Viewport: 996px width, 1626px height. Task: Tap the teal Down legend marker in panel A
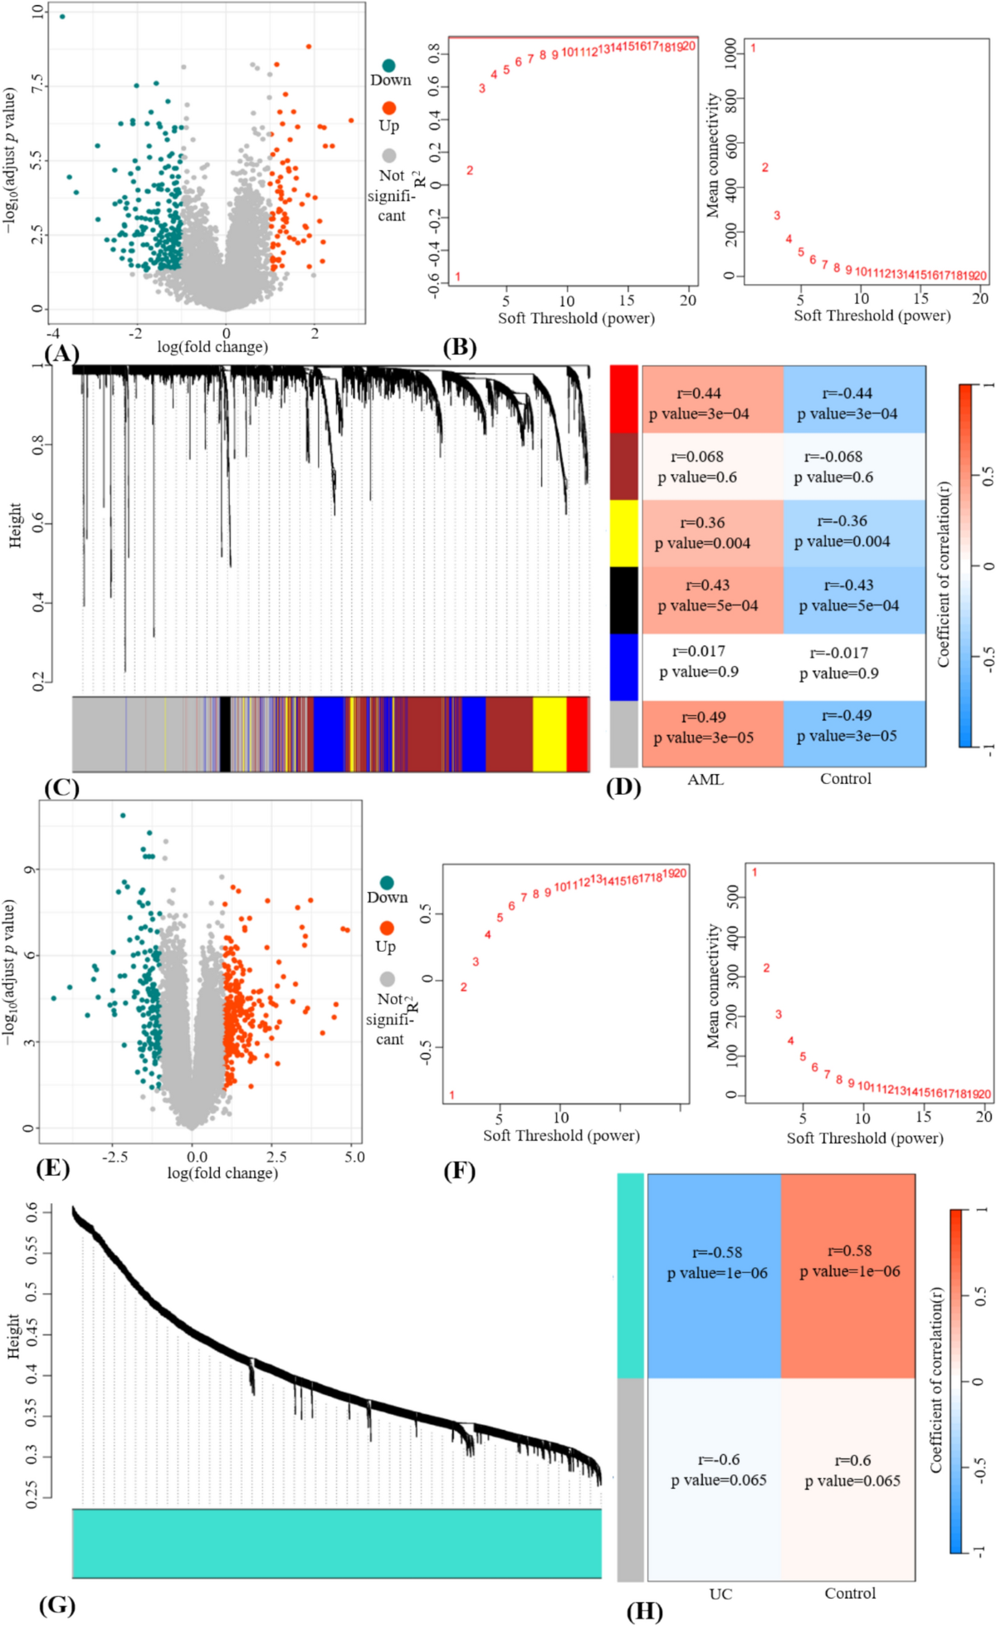[388, 65]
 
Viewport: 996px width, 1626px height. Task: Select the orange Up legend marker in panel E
[386, 928]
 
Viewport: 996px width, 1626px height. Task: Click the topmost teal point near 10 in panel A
[62, 16]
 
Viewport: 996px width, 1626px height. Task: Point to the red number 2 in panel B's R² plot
[470, 170]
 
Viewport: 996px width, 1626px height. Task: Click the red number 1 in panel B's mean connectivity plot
[753, 47]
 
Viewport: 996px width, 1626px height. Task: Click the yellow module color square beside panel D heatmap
[623, 532]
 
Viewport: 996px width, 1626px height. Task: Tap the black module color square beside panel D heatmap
[623, 600]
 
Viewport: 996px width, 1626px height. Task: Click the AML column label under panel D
[705, 779]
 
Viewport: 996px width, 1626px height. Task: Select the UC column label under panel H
[720, 1594]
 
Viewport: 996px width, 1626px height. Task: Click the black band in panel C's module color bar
[225, 734]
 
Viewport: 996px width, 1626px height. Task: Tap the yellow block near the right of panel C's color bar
[549, 734]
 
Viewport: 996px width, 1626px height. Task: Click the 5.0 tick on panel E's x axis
[354, 1157]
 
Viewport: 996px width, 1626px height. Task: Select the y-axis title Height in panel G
[14, 1336]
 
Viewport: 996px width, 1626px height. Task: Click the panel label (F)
[459, 1171]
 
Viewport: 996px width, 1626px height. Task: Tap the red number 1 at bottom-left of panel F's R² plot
[452, 1095]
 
